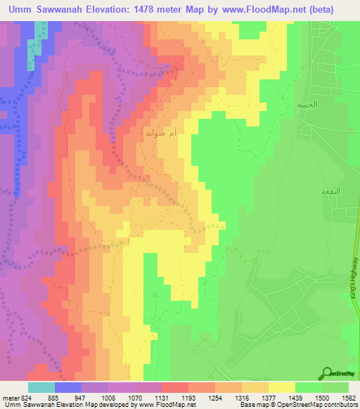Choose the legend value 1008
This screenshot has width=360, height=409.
(x=108, y=397)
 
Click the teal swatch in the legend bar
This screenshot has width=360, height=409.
(x=41, y=387)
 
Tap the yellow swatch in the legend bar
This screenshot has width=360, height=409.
(x=282, y=387)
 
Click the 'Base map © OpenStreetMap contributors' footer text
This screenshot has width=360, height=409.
(x=295, y=405)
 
